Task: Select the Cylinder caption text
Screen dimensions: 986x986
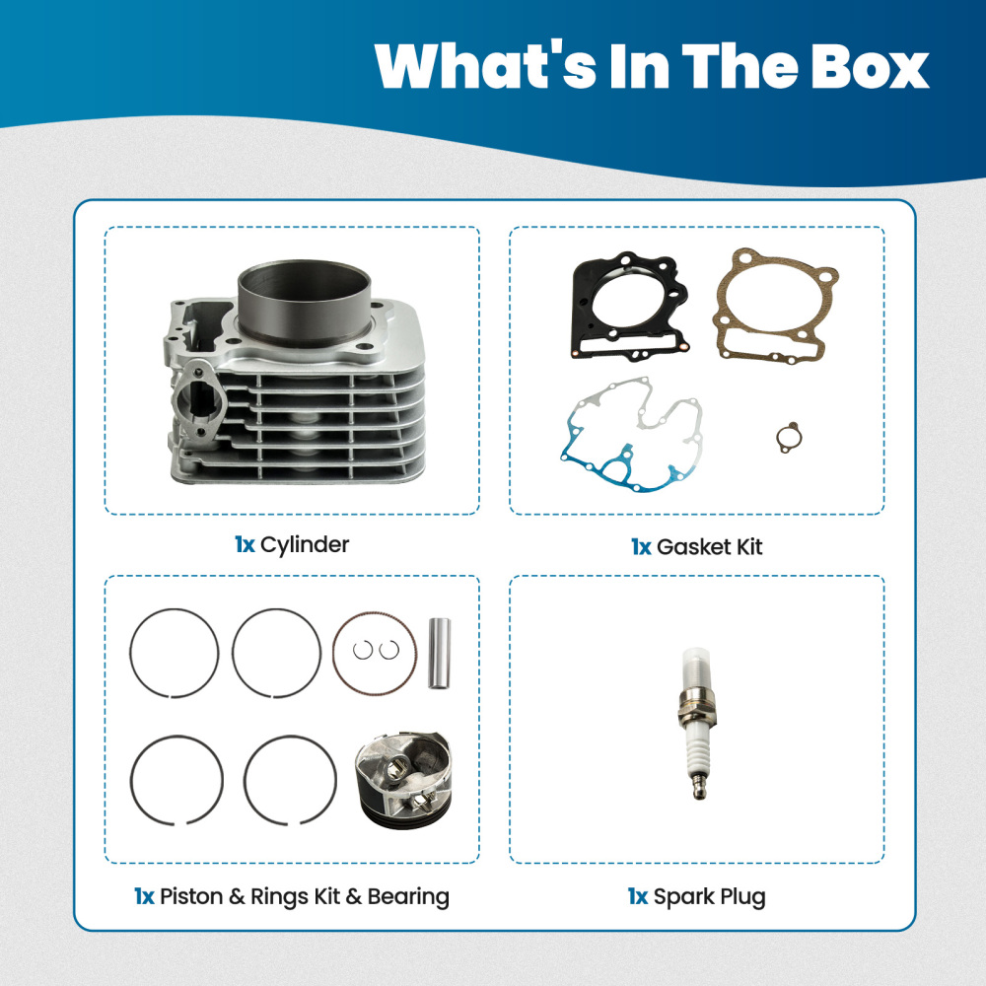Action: click(305, 544)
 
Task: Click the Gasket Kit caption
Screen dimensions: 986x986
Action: click(709, 546)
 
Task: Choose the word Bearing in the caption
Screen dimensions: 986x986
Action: click(408, 896)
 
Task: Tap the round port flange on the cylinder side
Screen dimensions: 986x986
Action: click(198, 398)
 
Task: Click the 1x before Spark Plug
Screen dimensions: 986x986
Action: click(638, 896)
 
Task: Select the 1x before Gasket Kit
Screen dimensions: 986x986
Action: click(641, 546)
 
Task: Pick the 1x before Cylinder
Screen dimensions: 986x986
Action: click(245, 544)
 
